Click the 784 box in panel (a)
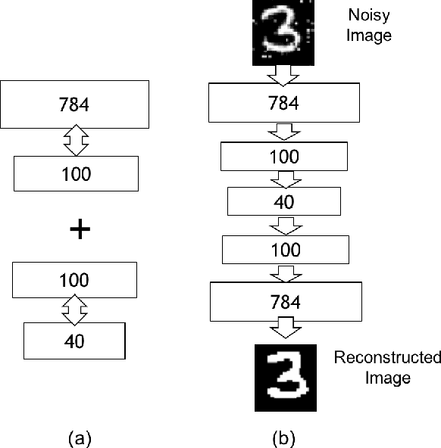pyautogui.click(x=77, y=105)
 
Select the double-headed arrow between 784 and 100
pyautogui.click(x=77, y=142)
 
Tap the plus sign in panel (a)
pyautogui.click(x=77, y=230)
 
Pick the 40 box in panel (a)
pyautogui.click(x=74, y=341)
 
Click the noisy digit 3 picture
pyautogui.click(x=282, y=33)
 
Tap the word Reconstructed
pyautogui.click(x=387, y=356)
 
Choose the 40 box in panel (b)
pyautogui.click(x=284, y=202)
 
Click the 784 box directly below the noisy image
pyautogui.click(x=284, y=104)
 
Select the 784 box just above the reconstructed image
pyautogui.click(x=284, y=302)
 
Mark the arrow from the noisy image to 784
pyautogui.click(x=284, y=74)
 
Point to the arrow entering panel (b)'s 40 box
pyautogui.click(x=284, y=179)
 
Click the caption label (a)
pyautogui.click(x=81, y=437)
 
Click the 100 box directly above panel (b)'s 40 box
pyautogui.click(x=284, y=157)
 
